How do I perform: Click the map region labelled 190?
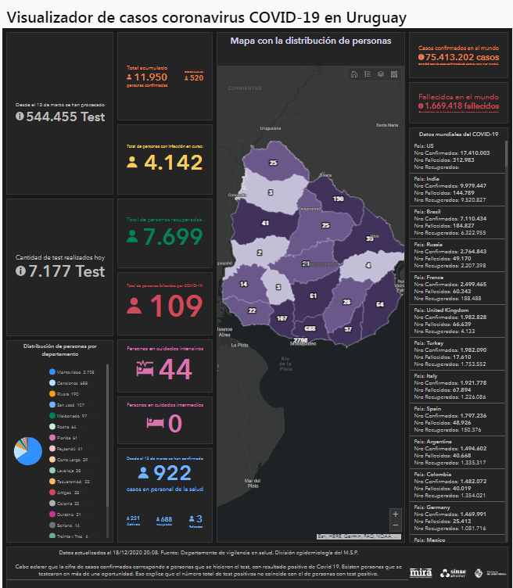pyautogui.click(x=338, y=199)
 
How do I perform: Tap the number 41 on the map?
pyautogui.click(x=266, y=224)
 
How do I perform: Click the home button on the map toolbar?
pyautogui.click(x=354, y=74)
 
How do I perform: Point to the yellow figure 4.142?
pyautogui.click(x=174, y=163)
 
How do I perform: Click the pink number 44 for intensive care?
pyautogui.click(x=175, y=369)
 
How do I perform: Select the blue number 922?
pyautogui.click(x=173, y=472)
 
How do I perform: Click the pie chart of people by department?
pyautogui.click(x=27, y=451)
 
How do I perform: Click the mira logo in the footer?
pyautogui.click(x=421, y=572)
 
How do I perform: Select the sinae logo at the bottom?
pyautogui.click(x=453, y=572)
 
